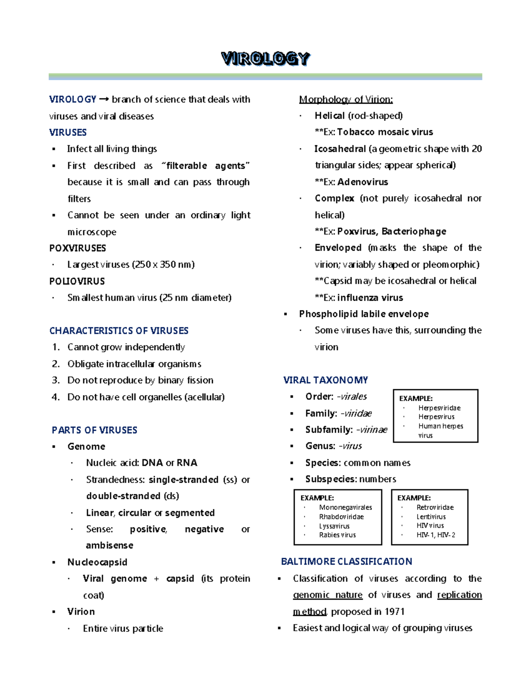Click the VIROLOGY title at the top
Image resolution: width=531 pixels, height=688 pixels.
(x=265, y=58)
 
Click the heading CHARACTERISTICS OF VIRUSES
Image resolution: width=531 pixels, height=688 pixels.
(x=119, y=330)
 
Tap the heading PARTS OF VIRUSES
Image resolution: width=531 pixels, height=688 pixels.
(x=94, y=430)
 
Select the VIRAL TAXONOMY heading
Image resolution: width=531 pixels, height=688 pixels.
(x=325, y=380)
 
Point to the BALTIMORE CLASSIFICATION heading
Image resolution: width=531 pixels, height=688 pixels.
(x=346, y=562)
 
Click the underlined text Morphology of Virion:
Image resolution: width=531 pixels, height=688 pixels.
(x=346, y=99)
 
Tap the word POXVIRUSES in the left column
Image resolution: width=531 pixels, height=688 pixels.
(x=77, y=248)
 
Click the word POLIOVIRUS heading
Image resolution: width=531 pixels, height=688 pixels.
(x=77, y=281)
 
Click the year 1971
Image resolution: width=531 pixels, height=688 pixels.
(x=394, y=612)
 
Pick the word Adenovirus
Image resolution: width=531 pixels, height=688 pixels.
(x=362, y=182)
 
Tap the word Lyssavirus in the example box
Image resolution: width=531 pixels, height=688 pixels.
(x=334, y=526)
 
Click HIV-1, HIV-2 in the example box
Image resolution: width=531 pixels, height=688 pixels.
(x=435, y=535)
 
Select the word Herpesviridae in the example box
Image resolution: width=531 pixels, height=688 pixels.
(x=439, y=408)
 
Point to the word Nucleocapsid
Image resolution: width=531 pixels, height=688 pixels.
(x=97, y=562)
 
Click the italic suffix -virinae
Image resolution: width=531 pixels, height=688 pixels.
(x=371, y=430)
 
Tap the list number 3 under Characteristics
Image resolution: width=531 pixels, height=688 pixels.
(x=55, y=380)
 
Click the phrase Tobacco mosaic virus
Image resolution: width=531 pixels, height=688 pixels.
(x=385, y=132)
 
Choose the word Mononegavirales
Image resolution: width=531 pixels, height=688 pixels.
(x=345, y=508)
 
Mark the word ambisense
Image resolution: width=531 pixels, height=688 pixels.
(x=109, y=545)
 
